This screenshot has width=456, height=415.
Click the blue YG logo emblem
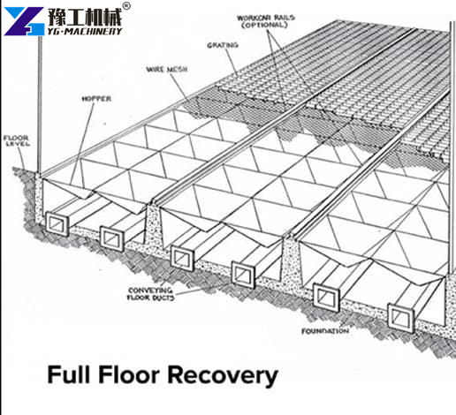[24, 21]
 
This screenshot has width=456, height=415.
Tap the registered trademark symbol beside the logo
[126, 6]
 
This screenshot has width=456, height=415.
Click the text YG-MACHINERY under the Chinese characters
[85, 31]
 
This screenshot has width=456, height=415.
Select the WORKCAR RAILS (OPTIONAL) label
[265, 21]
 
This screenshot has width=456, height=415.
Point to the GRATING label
[223, 45]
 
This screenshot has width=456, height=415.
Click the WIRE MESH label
[167, 70]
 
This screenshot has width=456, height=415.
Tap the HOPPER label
[96, 99]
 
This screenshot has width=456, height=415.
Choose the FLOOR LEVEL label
[16, 140]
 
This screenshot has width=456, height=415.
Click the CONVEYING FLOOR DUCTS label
[150, 294]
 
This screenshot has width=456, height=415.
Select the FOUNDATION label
[325, 331]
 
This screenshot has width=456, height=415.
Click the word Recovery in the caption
[223, 375]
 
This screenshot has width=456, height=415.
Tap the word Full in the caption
[69, 374]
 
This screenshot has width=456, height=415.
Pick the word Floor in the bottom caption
[129, 374]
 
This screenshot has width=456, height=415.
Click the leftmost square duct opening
[57, 224]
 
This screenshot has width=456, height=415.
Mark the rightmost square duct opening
[400, 318]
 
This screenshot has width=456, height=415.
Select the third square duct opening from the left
[182, 258]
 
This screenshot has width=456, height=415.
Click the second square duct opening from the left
[112, 238]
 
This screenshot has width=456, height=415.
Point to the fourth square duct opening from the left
[243, 275]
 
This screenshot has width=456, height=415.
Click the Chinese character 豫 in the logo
[57, 17]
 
